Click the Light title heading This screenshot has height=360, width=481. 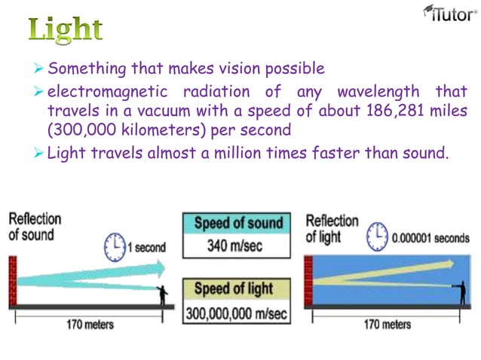coord(66,29)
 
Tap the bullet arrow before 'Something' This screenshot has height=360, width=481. coord(40,69)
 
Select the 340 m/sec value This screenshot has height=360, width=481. coord(237,246)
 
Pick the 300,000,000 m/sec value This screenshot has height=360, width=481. coord(237,312)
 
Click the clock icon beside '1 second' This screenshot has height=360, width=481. coord(115,245)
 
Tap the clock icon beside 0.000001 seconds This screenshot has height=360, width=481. coord(376,236)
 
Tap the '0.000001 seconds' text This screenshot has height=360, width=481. coord(430,238)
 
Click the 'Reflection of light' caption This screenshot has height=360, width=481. coord(332,228)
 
